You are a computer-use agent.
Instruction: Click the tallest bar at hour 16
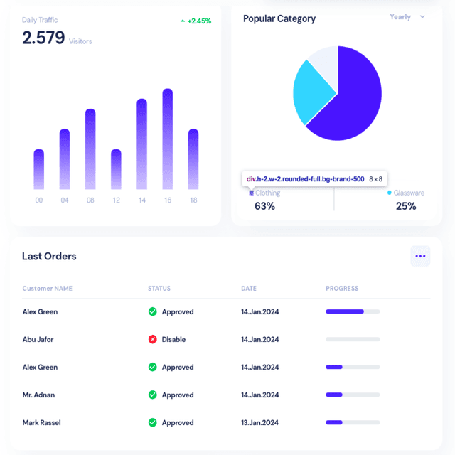tap(168, 139)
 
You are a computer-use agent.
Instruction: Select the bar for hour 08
tap(90, 149)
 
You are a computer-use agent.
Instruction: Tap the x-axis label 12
tap(116, 200)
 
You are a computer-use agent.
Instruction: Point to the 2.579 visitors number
tap(43, 38)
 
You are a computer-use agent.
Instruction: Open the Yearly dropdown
tap(407, 17)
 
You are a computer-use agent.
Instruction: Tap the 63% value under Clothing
tap(264, 206)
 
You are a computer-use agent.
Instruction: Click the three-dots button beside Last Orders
tap(420, 256)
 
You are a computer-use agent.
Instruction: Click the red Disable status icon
tap(152, 340)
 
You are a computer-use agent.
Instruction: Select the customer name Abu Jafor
tap(38, 340)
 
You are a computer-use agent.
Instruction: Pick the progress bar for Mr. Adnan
tap(353, 395)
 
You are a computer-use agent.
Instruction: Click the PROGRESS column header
tap(342, 289)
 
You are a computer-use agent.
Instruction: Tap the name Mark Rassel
tap(41, 422)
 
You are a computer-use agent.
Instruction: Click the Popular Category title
tap(279, 19)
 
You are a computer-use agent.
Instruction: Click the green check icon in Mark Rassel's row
tap(152, 422)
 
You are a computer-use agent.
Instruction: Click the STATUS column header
tap(159, 289)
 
